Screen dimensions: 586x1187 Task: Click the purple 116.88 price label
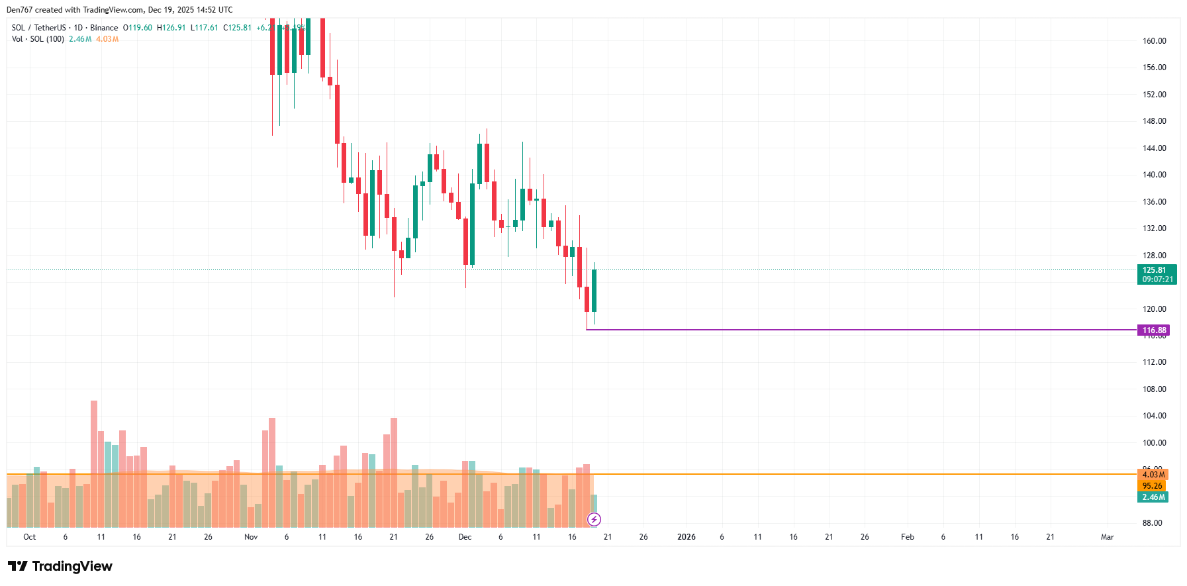(1154, 330)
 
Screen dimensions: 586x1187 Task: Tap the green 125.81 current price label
(1156, 274)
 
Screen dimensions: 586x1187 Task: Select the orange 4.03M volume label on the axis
(1153, 475)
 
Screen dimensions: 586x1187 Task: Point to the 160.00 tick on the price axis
(1154, 41)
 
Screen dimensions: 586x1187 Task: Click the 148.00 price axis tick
(1154, 121)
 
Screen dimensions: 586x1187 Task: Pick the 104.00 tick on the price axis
(1154, 416)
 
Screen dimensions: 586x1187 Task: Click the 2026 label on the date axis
(687, 537)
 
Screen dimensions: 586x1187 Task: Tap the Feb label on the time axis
(908, 537)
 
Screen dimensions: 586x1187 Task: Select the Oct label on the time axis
(30, 537)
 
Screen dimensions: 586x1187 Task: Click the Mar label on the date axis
(1107, 537)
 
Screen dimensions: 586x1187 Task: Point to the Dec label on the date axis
(465, 537)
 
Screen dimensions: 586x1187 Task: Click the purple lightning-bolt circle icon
(594, 520)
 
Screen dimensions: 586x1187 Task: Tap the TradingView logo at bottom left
(60, 566)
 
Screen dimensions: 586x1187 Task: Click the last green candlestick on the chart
(594, 291)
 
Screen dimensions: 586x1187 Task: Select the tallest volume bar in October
(94, 464)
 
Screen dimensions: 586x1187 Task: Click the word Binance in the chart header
(104, 28)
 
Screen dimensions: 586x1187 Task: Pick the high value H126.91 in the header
(171, 28)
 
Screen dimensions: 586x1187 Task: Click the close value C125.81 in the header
(237, 28)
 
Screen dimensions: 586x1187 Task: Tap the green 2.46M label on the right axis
(1153, 497)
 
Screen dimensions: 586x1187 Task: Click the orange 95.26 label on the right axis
(1152, 486)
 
